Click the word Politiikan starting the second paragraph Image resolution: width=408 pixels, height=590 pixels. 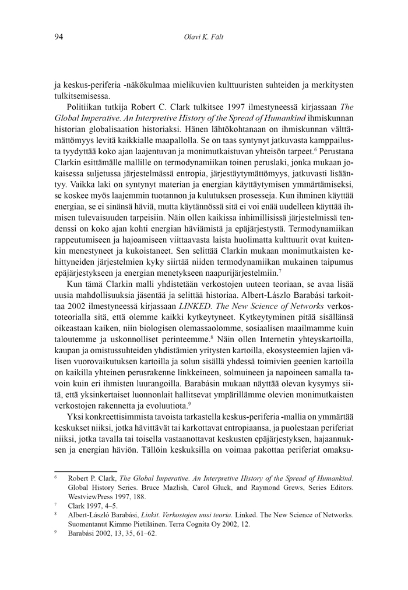point(85,107)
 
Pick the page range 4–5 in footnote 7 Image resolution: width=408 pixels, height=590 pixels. point(109,506)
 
